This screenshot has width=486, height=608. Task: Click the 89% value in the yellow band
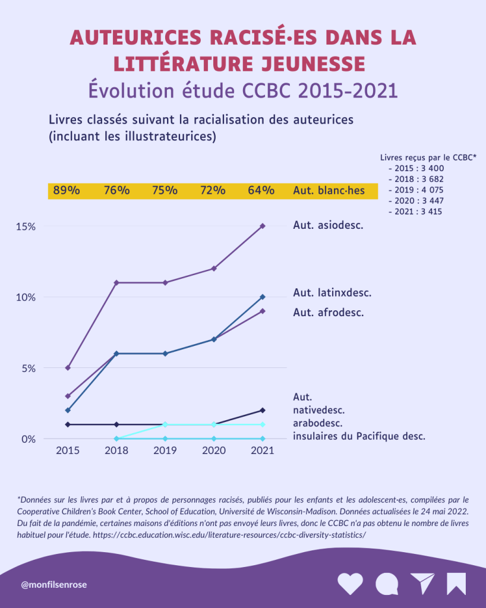pos(67,191)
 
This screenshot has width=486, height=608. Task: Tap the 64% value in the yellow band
pos(261,191)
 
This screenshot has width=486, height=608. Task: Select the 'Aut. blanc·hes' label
pos(329,191)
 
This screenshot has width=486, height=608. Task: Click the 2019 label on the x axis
pos(166,451)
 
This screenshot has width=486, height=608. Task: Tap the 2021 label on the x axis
pos(262,451)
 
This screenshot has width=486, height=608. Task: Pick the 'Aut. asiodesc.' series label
pos(328,225)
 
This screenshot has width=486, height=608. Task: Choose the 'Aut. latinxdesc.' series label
pos(332,292)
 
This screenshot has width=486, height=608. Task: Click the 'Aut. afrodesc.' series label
pos(328,312)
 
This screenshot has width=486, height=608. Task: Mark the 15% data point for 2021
pos(263,226)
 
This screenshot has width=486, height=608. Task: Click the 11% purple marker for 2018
pos(116,282)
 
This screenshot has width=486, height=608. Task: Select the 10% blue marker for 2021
pos(263,297)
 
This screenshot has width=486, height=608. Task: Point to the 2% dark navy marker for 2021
pos(263,410)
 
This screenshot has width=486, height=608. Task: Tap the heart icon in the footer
pos(350,584)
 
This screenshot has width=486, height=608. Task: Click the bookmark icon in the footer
pos(456,584)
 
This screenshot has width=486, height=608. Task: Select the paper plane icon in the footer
pos(422,584)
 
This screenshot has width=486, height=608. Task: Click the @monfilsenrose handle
pos(53,585)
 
